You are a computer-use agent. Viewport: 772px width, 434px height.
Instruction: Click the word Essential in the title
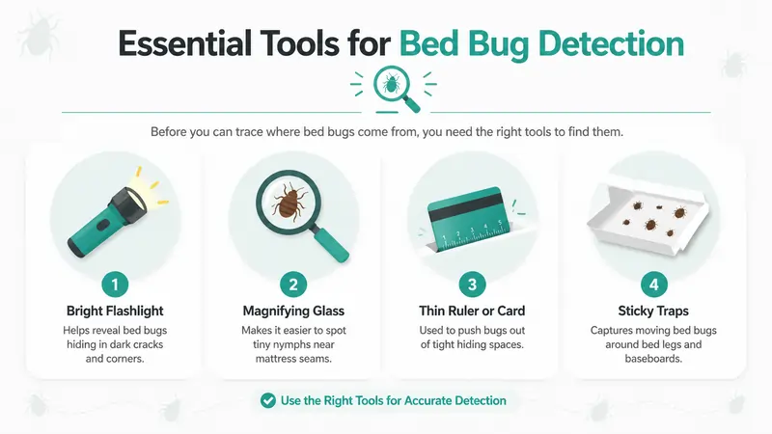[185, 43]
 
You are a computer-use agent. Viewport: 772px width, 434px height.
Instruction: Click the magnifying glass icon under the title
[395, 88]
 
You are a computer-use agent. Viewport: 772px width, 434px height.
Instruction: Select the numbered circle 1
[115, 285]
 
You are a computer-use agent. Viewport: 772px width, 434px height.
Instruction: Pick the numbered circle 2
[293, 285]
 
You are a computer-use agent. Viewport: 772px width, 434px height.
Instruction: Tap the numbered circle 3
[472, 285]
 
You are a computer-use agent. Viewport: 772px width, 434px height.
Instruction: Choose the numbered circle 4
[654, 285]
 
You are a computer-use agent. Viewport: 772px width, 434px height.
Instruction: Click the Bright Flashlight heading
[115, 311]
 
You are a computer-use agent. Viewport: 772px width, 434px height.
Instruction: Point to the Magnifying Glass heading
[293, 311]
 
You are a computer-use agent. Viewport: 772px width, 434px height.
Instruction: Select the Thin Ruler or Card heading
[472, 311]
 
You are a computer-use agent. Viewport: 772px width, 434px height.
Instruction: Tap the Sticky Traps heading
[653, 311]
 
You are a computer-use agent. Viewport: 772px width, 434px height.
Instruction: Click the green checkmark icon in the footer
[268, 400]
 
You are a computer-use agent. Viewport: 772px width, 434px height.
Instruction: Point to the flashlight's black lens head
[129, 204]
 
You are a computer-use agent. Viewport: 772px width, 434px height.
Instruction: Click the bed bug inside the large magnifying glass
[289, 202]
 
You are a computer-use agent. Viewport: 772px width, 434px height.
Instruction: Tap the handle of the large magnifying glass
[331, 245]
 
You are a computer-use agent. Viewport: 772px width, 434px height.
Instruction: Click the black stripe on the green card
[466, 207]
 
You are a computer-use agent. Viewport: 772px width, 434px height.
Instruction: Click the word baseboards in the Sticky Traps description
[653, 359]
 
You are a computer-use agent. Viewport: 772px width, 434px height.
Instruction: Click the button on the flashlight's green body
[103, 226]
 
